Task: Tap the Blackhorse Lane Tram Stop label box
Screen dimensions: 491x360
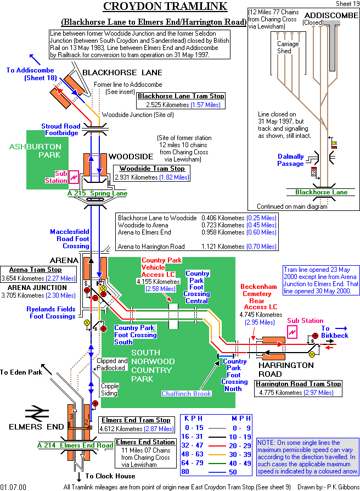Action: (x=185, y=100)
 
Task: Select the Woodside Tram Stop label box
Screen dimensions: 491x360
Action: (x=151, y=173)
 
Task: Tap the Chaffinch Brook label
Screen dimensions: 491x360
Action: (x=186, y=393)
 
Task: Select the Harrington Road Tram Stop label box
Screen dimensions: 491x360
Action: (x=298, y=388)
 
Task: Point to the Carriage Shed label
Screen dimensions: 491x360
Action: (x=288, y=48)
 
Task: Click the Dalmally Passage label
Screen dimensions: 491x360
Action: (x=290, y=160)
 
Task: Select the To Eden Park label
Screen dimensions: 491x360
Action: (x=21, y=372)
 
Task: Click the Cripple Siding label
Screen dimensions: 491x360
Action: (x=110, y=390)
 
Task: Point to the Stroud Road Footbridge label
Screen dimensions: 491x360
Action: (x=60, y=130)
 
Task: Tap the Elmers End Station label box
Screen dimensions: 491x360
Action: (x=145, y=453)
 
